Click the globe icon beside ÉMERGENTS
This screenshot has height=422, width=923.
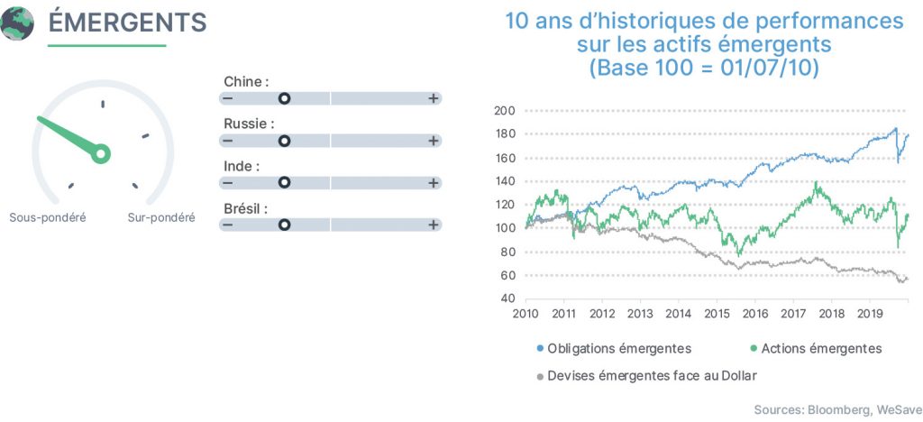click(16, 23)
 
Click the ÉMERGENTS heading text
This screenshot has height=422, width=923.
click(127, 23)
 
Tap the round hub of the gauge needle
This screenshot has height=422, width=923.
click(101, 153)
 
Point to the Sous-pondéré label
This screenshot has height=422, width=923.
click(48, 218)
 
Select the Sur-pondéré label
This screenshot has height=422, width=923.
click(161, 218)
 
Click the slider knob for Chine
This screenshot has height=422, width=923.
click(284, 98)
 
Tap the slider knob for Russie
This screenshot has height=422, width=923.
click(284, 141)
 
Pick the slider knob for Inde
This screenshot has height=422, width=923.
click(284, 182)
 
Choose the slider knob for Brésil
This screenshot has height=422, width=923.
click(284, 225)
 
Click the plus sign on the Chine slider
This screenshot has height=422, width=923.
click(434, 98)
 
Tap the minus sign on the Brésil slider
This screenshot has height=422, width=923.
click(228, 225)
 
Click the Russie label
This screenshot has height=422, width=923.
click(249, 124)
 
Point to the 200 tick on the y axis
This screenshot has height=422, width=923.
click(506, 111)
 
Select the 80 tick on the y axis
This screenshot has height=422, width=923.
click(508, 252)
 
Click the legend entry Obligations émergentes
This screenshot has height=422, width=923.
click(615, 348)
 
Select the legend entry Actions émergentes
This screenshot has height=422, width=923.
click(816, 348)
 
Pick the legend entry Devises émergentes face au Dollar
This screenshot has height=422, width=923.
click(647, 375)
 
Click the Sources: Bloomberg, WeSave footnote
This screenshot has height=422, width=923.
click(838, 409)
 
